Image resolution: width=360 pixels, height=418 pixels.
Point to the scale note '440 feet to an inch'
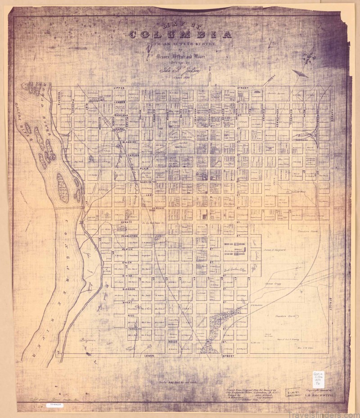pyautogui.click(x=179, y=382)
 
